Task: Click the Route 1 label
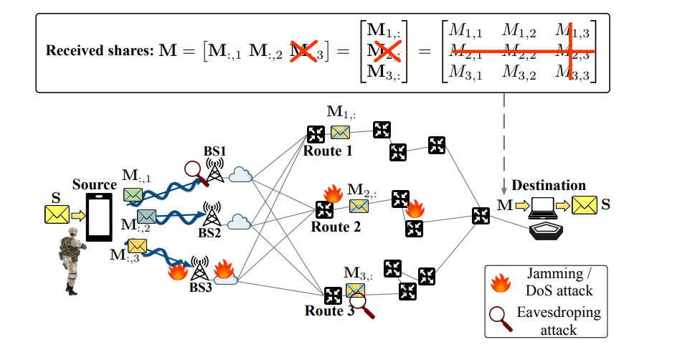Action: [327, 151]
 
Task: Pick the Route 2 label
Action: [335, 227]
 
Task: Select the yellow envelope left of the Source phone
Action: [55, 214]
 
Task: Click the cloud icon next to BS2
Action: [239, 222]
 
